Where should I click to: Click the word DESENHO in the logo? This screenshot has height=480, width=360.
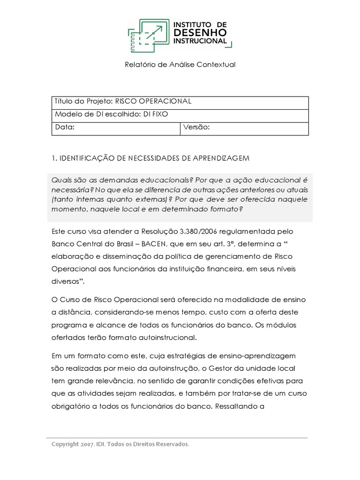[200, 32]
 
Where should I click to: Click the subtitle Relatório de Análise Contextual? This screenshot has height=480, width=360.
[180, 65]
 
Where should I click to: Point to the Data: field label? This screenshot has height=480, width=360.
[65, 127]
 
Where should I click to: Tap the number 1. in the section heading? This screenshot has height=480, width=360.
[54, 158]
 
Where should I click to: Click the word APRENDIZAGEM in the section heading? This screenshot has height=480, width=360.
[222, 158]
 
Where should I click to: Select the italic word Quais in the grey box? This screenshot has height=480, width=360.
[61, 180]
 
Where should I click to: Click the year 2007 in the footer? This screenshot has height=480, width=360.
[89, 444]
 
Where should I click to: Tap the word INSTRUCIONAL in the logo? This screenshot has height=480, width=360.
[200, 41]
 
